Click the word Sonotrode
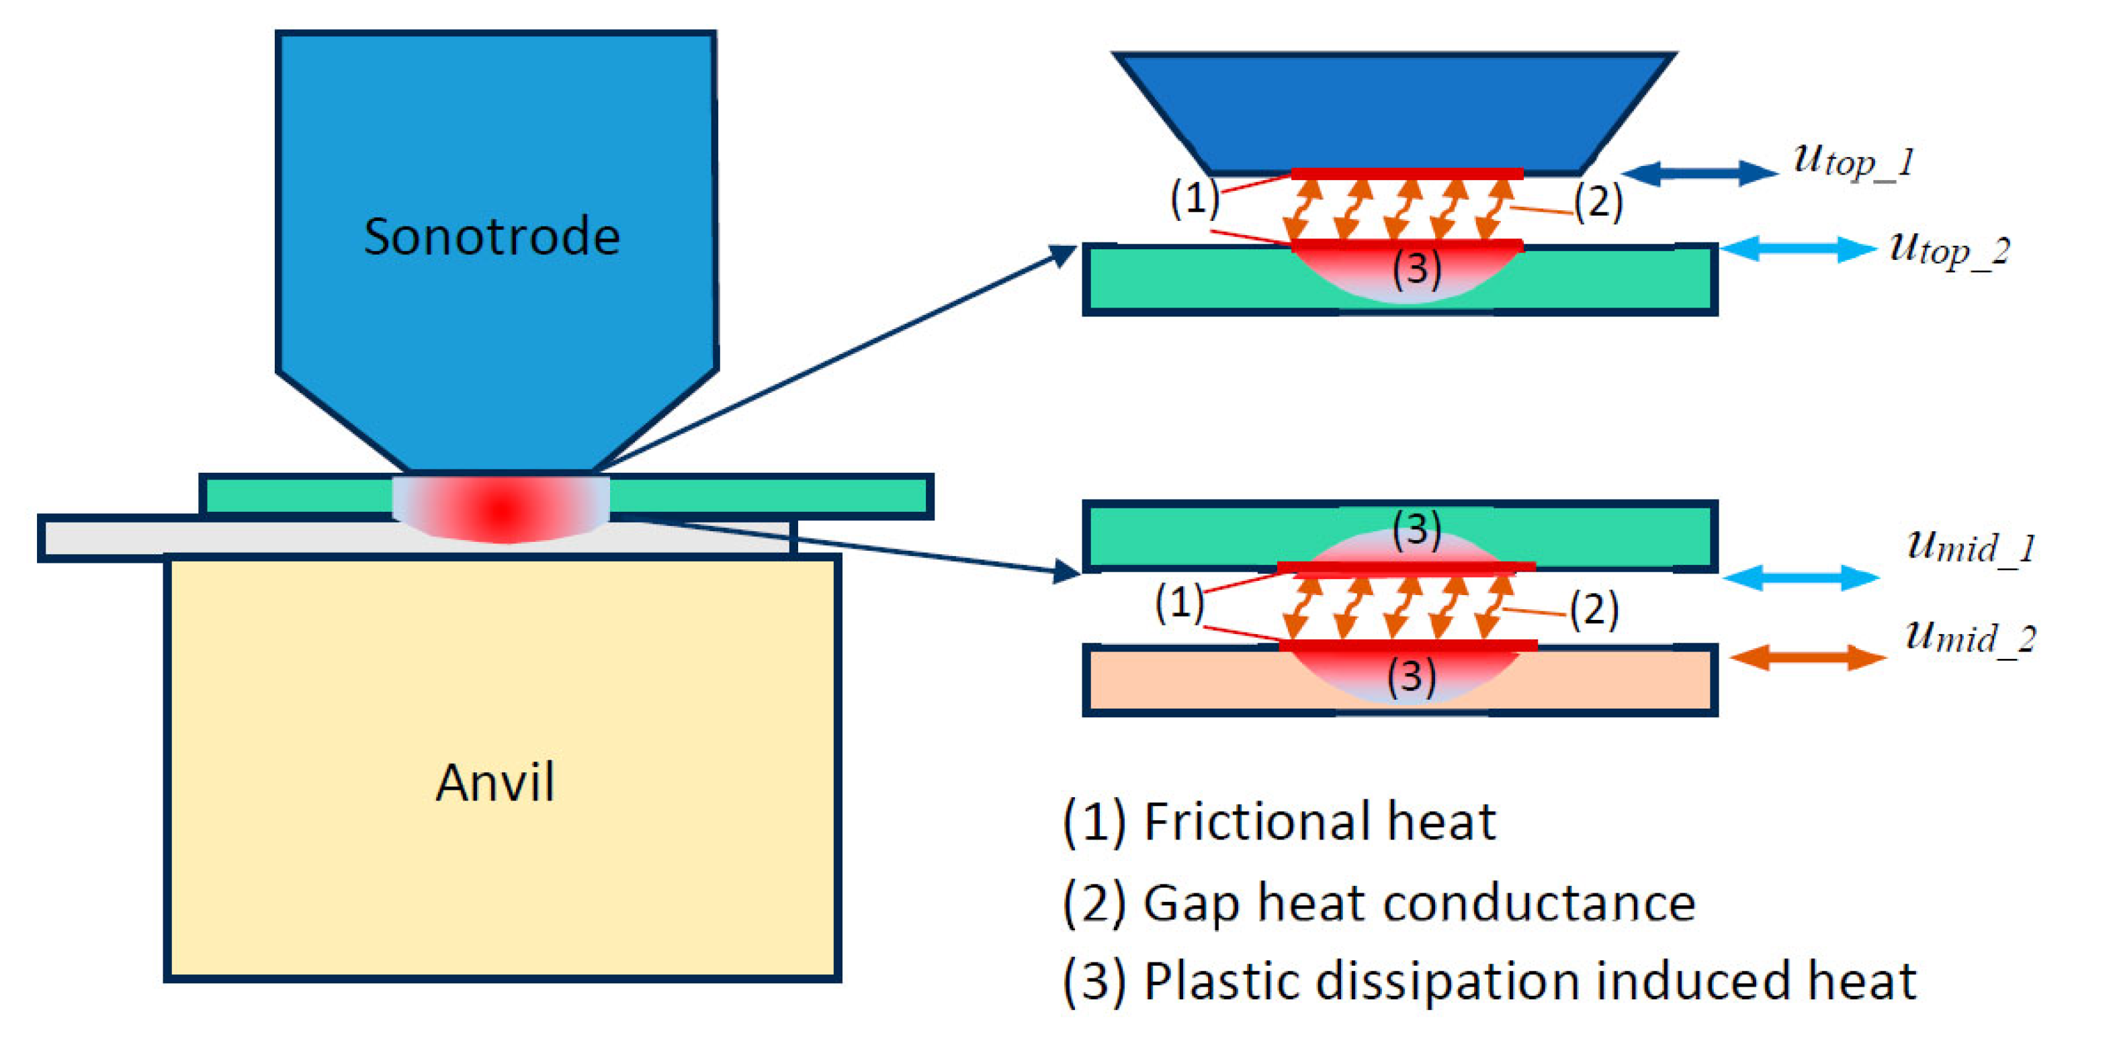pyautogui.click(x=492, y=236)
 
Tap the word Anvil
pyautogui.click(x=495, y=782)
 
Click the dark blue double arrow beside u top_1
pyautogui.click(x=1700, y=173)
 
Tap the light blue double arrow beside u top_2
pyautogui.click(x=1798, y=248)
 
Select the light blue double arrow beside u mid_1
pyautogui.click(x=1801, y=578)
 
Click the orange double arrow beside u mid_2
pyautogui.click(x=1808, y=658)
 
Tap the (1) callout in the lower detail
pyautogui.click(x=1179, y=602)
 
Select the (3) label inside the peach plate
pyautogui.click(x=1412, y=676)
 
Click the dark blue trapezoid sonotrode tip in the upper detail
pyautogui.click(x=1394, y=114)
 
